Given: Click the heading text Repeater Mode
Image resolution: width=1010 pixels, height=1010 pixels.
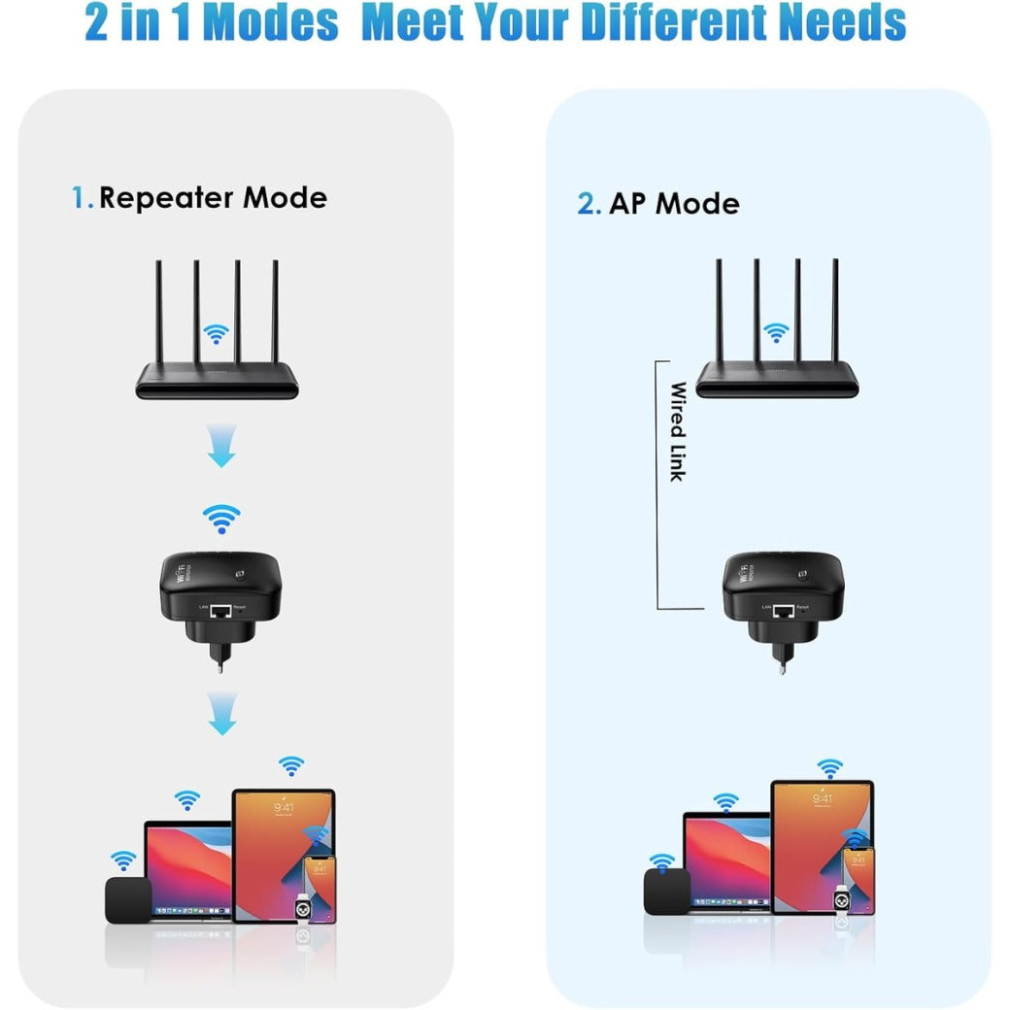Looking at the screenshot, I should tap(213, 198).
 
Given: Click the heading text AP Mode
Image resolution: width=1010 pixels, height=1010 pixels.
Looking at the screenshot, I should tap(674, 204).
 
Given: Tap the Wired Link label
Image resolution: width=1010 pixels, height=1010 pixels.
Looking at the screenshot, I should tap(678, 431).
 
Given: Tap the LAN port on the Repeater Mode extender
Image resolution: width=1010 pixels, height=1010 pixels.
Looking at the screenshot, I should tap(221, 611).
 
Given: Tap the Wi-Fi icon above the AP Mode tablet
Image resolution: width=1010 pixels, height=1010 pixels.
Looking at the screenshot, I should tap(829, 768).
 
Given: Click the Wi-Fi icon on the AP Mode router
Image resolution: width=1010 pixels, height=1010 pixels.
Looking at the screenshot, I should tap(775, 333).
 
